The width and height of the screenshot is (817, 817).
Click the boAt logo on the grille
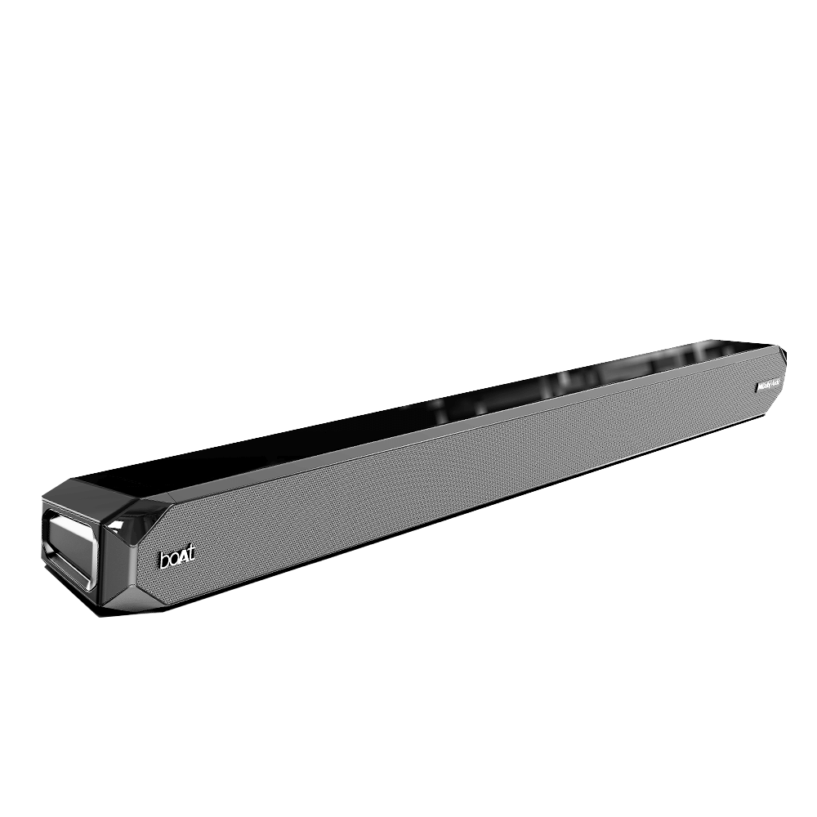click(x=177, y=560)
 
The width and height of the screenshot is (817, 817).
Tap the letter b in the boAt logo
click(x=163, y=563)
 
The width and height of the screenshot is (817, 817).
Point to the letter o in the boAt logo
click(x=172, y=563)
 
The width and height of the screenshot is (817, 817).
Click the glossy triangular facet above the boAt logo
click(x=135, y=515)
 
